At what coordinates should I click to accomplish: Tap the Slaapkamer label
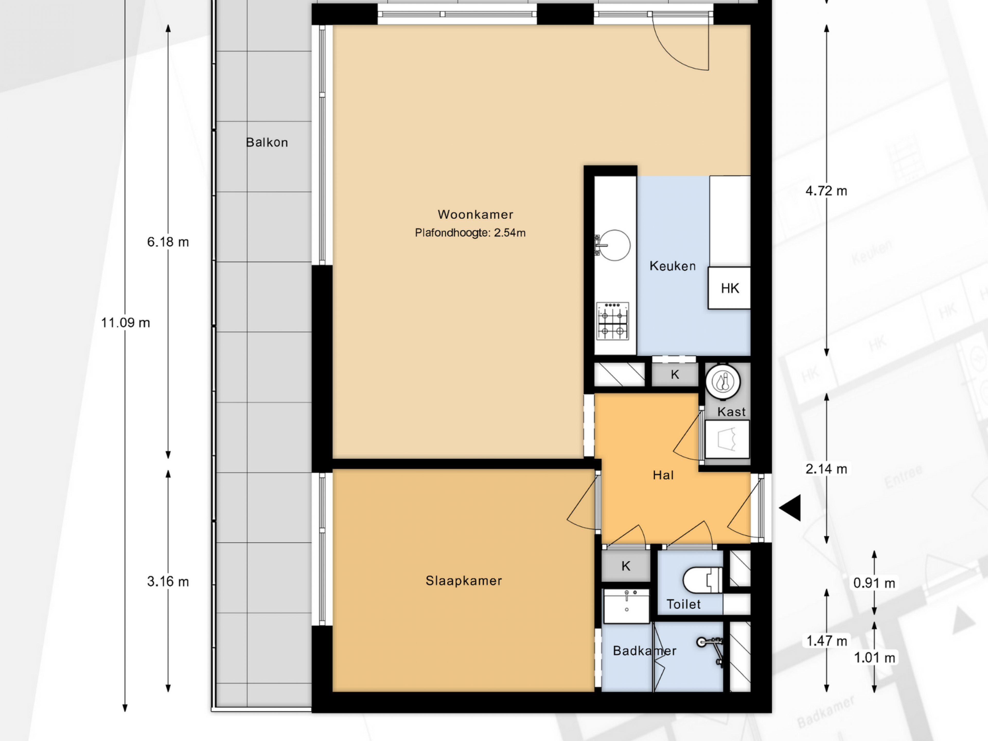464,581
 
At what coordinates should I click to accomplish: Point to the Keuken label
673,266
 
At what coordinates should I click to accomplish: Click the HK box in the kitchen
729,288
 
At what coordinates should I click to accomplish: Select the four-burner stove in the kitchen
612,321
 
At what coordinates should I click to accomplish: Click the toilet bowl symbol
703,580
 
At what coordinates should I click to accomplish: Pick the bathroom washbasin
626,606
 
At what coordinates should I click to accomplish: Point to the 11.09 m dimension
126,322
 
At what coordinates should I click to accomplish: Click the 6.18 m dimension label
168,242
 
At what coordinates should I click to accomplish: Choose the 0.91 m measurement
874,583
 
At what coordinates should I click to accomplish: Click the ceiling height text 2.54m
510,233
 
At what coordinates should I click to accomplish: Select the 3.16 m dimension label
168,581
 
